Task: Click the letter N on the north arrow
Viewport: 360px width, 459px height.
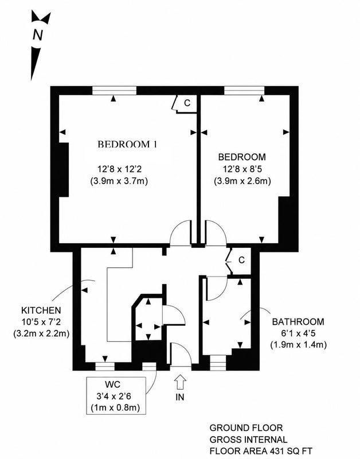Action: pyautogui.click(x=38, y=35)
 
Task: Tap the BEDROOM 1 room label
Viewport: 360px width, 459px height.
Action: pyautogui.click(x=127, y=145)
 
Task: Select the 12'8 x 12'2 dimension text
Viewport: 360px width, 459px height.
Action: pyautogui.click(x=119, y=169)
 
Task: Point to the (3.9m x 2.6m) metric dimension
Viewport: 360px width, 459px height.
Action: pyautogui.click(x=242, y=181)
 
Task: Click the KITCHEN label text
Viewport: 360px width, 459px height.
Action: pyautogui.click(x=41, y=310)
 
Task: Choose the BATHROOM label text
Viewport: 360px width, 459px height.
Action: pyautogui.click(x=298, y=322)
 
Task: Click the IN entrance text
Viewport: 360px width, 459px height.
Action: pyautogui.click(x=180, y=397)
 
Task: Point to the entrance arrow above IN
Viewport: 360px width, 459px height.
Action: pyautogui.click(x=180, y=382)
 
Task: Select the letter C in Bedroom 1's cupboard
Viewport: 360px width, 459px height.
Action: pyautogui.click(x=187, y=103)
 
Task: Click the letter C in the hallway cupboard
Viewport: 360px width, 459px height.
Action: pyautogui.click(x=241, y=260)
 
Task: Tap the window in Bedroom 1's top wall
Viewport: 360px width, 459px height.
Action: pyautogui.click(x=114, y=91)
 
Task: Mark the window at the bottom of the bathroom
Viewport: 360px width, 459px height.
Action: pyautogui.click(x=218, y=363)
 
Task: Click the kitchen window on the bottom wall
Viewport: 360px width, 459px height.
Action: pyautogui.click(x=105, y=367)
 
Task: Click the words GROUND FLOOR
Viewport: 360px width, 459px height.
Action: pyautogui.click(x=246, y=428)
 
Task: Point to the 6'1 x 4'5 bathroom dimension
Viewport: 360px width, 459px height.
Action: pyautogui.click(x=298, y=333)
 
